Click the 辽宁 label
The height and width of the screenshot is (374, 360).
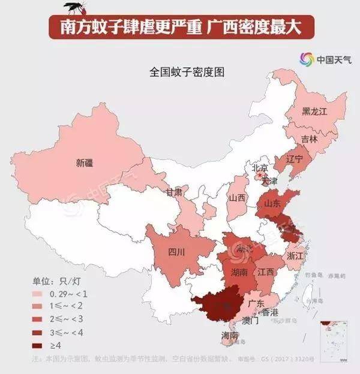pos(295,159)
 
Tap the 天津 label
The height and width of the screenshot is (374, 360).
pos(269,180)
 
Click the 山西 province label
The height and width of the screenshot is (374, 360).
pos(236,198)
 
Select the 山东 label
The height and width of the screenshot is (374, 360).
pos(272,204)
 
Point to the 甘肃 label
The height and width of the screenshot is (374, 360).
pos(174,192)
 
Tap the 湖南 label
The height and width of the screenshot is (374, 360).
pos(239,272)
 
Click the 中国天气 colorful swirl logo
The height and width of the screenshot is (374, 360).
pos(306,59)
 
